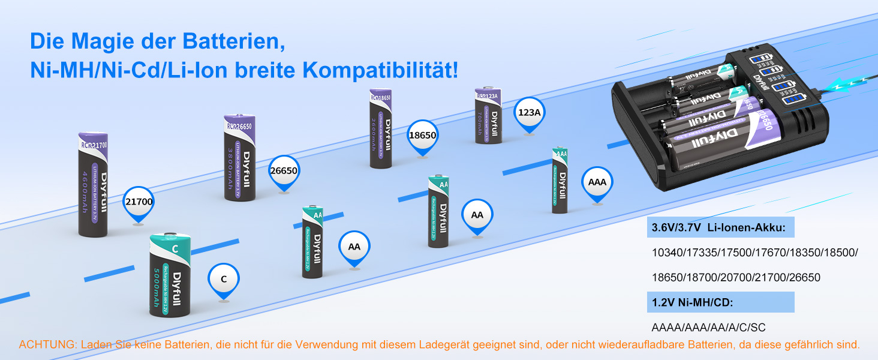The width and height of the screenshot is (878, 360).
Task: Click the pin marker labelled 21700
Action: pos(139,202)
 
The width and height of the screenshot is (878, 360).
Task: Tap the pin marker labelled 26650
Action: pos(284,170)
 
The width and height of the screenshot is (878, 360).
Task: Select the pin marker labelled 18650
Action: pos(422,136)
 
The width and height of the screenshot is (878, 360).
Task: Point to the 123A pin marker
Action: pos(530,112)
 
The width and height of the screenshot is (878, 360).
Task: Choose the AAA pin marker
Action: pos(597,182)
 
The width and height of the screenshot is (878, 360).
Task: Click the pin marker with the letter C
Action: pos(224,279)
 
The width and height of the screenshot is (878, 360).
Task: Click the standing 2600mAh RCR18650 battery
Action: pos(381,128)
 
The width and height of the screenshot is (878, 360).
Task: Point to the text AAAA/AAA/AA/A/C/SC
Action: pos(708,328)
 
